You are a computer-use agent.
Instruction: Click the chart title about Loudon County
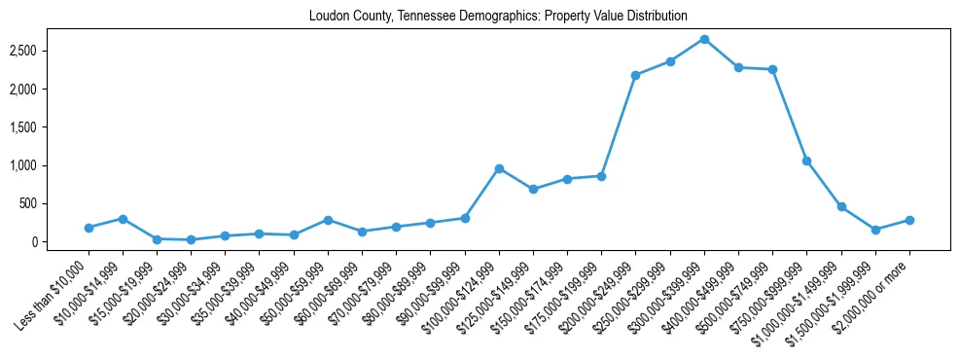497,17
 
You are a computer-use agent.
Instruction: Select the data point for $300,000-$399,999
704,39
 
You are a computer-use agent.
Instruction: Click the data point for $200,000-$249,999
635,75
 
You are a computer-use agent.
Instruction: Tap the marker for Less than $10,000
89,228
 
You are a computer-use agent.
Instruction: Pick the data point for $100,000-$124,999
499,168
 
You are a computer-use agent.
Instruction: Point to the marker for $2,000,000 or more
909,220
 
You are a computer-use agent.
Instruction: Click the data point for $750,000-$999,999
806,161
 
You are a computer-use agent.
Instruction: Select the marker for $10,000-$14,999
123,219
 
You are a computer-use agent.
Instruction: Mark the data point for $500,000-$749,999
772,69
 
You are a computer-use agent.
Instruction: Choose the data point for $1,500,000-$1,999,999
875,230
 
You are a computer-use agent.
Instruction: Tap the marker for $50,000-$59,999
328,220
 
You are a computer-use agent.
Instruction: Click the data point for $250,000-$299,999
670,61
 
